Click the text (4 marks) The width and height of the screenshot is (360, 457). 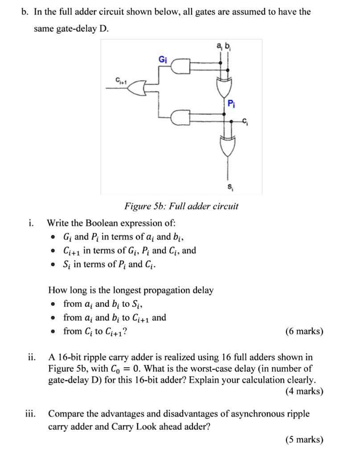click(x=304, y=391)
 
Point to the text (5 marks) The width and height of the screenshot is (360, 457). click(x=304, y=440)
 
